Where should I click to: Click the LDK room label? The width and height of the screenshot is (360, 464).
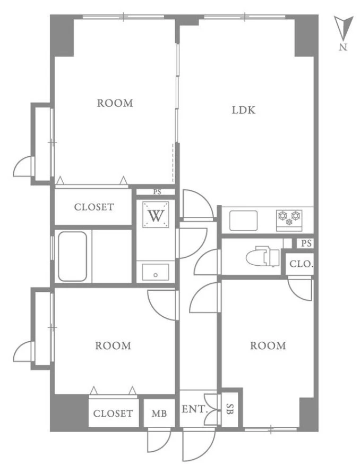tap(243, 110)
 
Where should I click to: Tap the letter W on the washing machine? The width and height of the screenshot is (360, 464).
tap(156, 216)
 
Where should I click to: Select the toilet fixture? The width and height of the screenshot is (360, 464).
tap(263, 256)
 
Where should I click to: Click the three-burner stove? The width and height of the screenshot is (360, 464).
tap(289, 221)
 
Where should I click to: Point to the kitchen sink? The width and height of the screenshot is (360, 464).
tap(243, 221)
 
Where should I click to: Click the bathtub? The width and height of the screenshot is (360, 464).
tap(73, 256)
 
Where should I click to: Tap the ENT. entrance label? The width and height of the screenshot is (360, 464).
tap(194, 409)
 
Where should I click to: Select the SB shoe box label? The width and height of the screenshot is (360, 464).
tap(229, 409)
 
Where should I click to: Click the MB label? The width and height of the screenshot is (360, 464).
tap(159, 414)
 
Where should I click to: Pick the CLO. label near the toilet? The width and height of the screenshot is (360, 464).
tap(301, 264)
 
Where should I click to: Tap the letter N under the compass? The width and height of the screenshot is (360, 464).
tap(343, 47)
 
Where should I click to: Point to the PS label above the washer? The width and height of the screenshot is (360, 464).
tap(157, 192)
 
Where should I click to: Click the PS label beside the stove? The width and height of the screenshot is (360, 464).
tap(306, 243)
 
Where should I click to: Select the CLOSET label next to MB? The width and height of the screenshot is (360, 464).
tap(113, 414)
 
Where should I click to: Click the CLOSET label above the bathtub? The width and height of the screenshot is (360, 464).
tap(94, 207)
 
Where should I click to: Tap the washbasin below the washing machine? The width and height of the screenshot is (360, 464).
tap(156, 272)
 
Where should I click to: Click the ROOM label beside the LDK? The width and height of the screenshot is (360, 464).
tap(115, 103)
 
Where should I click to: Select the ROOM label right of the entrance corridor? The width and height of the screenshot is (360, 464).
tap(268, 345)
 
